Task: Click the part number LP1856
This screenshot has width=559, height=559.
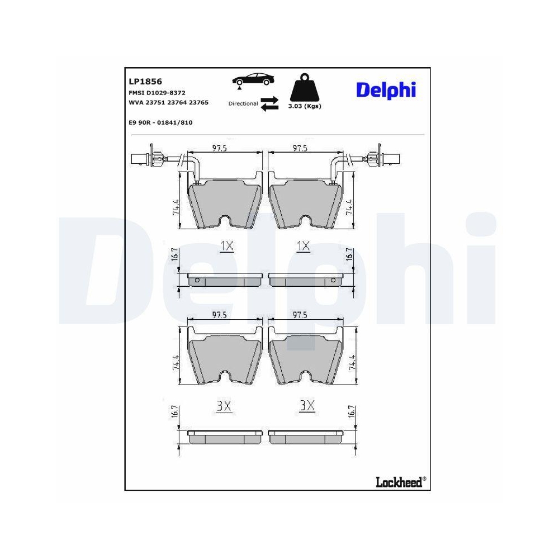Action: [145, 82]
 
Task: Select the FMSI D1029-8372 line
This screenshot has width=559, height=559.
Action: [157, 93]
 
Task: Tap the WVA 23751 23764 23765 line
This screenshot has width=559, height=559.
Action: [168, 102]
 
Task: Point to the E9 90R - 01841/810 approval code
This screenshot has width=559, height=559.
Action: [160, 122]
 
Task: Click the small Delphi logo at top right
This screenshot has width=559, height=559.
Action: [386, 90]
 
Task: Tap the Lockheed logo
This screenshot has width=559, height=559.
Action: [401, 482]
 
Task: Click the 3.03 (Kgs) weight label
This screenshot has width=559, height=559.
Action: [305, 106]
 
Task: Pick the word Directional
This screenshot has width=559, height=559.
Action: [243, 104]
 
